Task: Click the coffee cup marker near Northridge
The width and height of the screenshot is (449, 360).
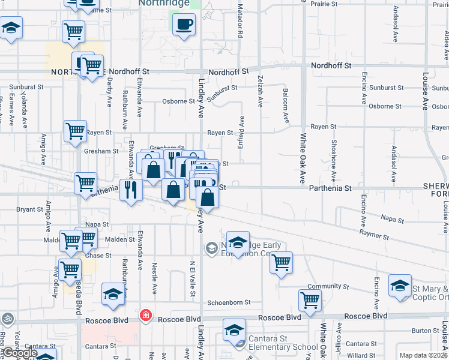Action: pyautogui.click(x=184, y=25)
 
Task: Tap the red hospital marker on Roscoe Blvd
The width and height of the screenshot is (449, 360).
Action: pyautogui.click(x=145, y=315)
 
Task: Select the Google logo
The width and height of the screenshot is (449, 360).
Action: pyautogui.click(x=19, y=353)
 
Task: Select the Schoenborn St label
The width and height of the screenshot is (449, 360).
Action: pyautogui.click(x=228, y=303)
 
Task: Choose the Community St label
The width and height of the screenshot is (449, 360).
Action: pyautogui.click(x=328, y=287)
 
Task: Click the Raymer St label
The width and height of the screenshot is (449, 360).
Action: pyautogui.click(x=375, y=233)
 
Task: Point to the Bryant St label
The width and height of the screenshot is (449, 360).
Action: pyautogui.click(x=29, y=209)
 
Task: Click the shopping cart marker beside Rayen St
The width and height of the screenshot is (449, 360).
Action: pyautogui.click(x=75, y=130)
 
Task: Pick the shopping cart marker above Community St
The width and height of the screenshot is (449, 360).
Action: pyautogui.click(x=280, y=262)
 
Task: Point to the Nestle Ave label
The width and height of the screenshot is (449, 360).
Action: pyautogui.click(x=154, y=277)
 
